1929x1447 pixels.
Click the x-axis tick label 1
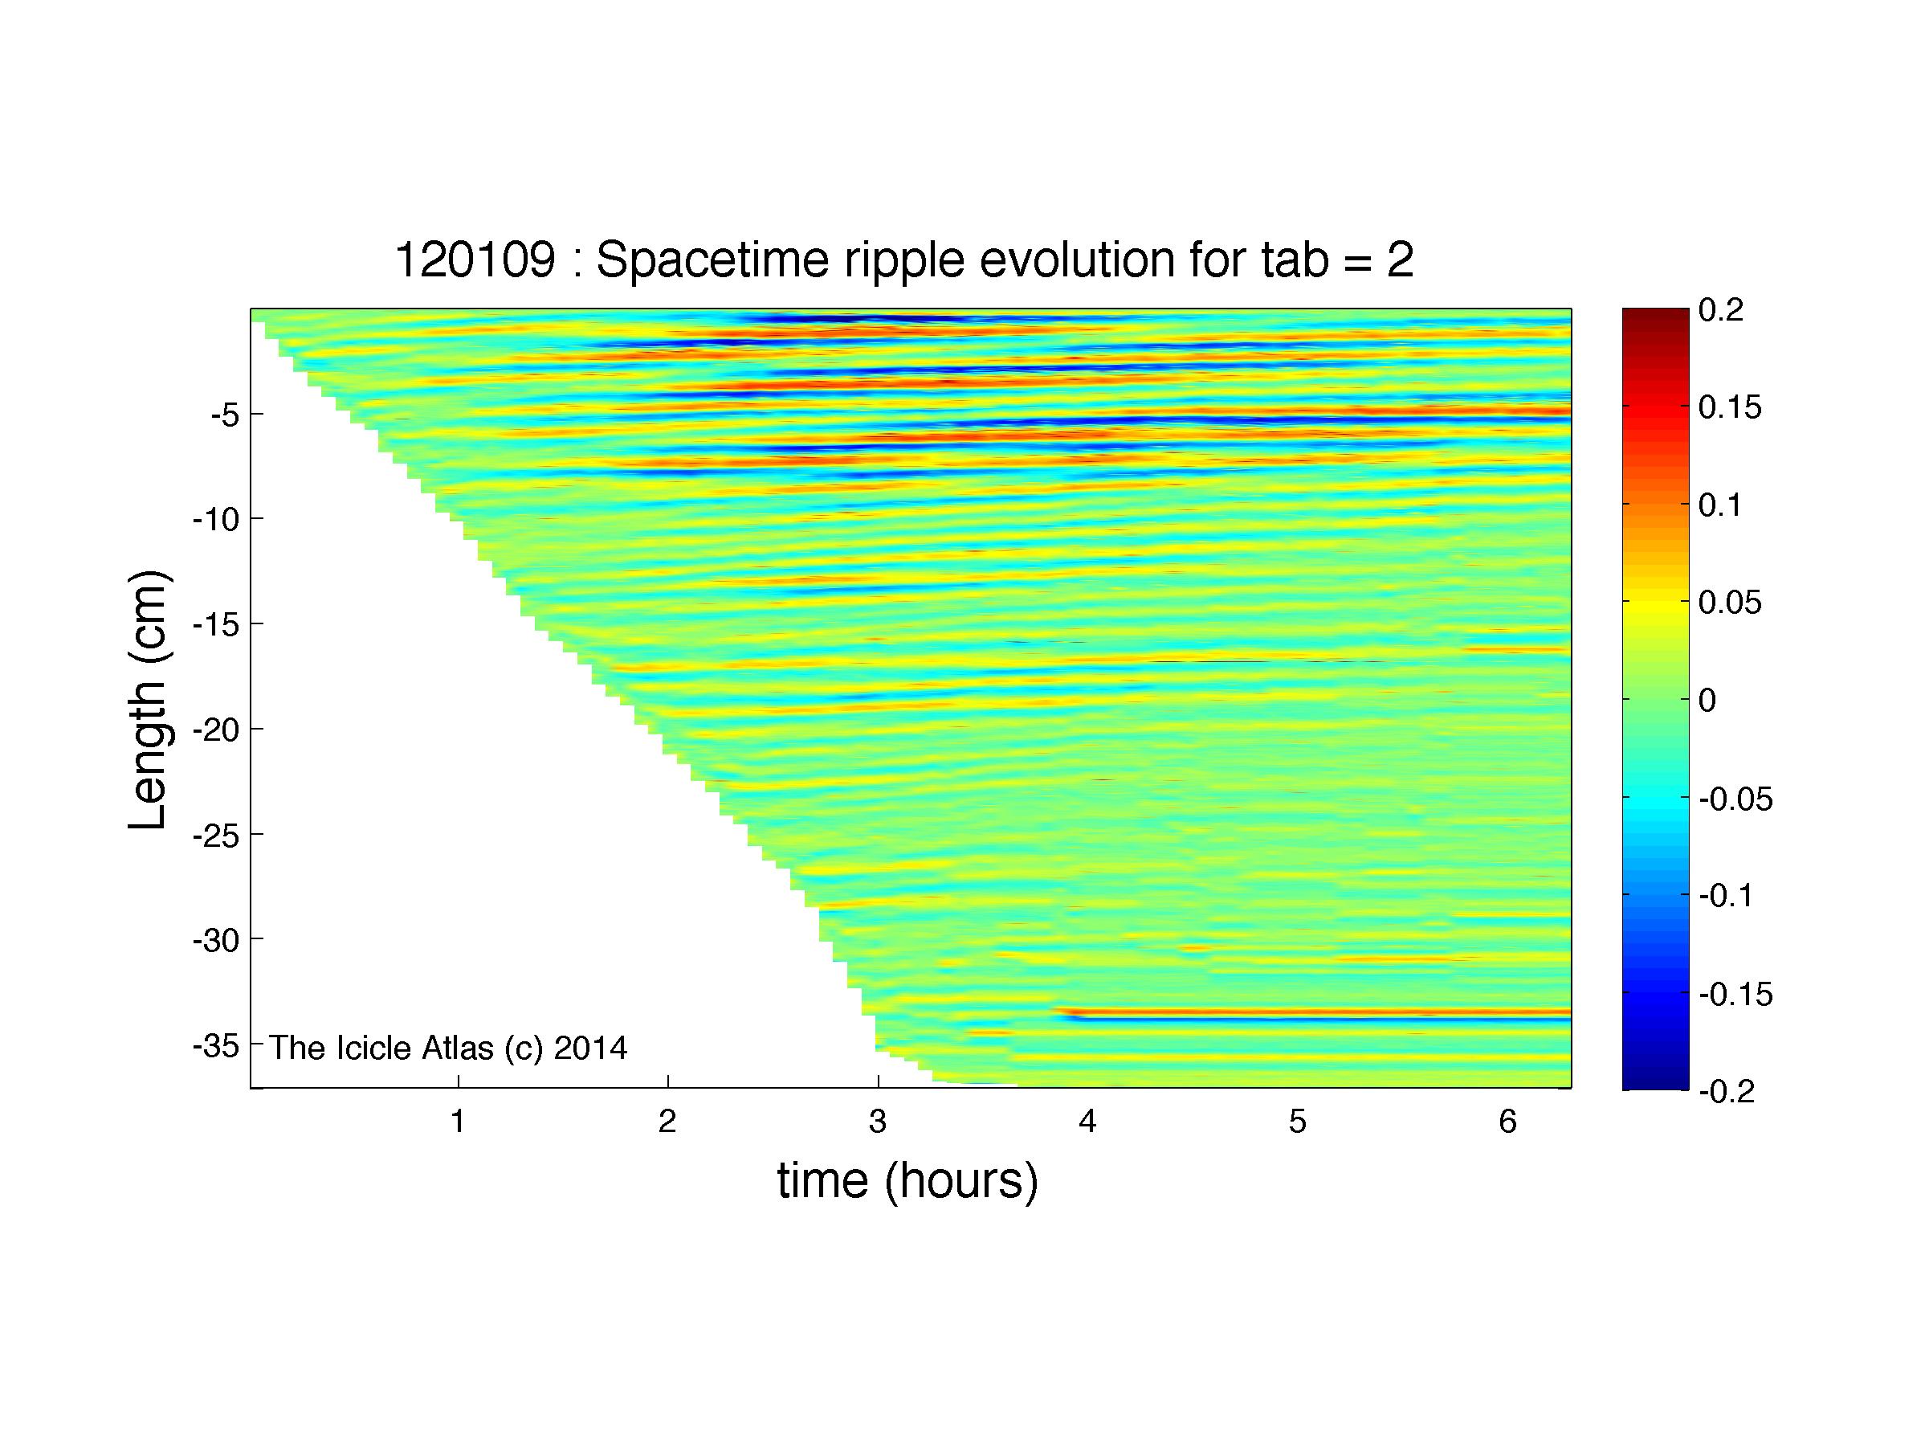tap(457, 1122)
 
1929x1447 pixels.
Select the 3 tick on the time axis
tap(877, 1122)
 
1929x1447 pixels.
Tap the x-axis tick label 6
tap(1508, 1122)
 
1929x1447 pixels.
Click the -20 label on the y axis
tap(215, 730)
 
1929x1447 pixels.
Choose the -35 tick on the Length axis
tap(215, 1045)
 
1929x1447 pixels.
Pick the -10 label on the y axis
tap(215, 519)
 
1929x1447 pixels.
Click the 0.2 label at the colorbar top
tap(1720, 309)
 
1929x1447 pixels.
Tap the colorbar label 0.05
tap(1730, 602)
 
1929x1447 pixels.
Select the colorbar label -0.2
tap(1726, 1091)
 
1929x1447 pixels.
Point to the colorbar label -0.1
tap(1726, 896)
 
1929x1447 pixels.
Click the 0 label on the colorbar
tap(1707, 700)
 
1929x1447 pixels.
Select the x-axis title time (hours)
tap(907, 1181)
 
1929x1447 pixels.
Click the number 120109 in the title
tap(475, 260)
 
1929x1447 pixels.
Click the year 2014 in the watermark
tap(590, 1047)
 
